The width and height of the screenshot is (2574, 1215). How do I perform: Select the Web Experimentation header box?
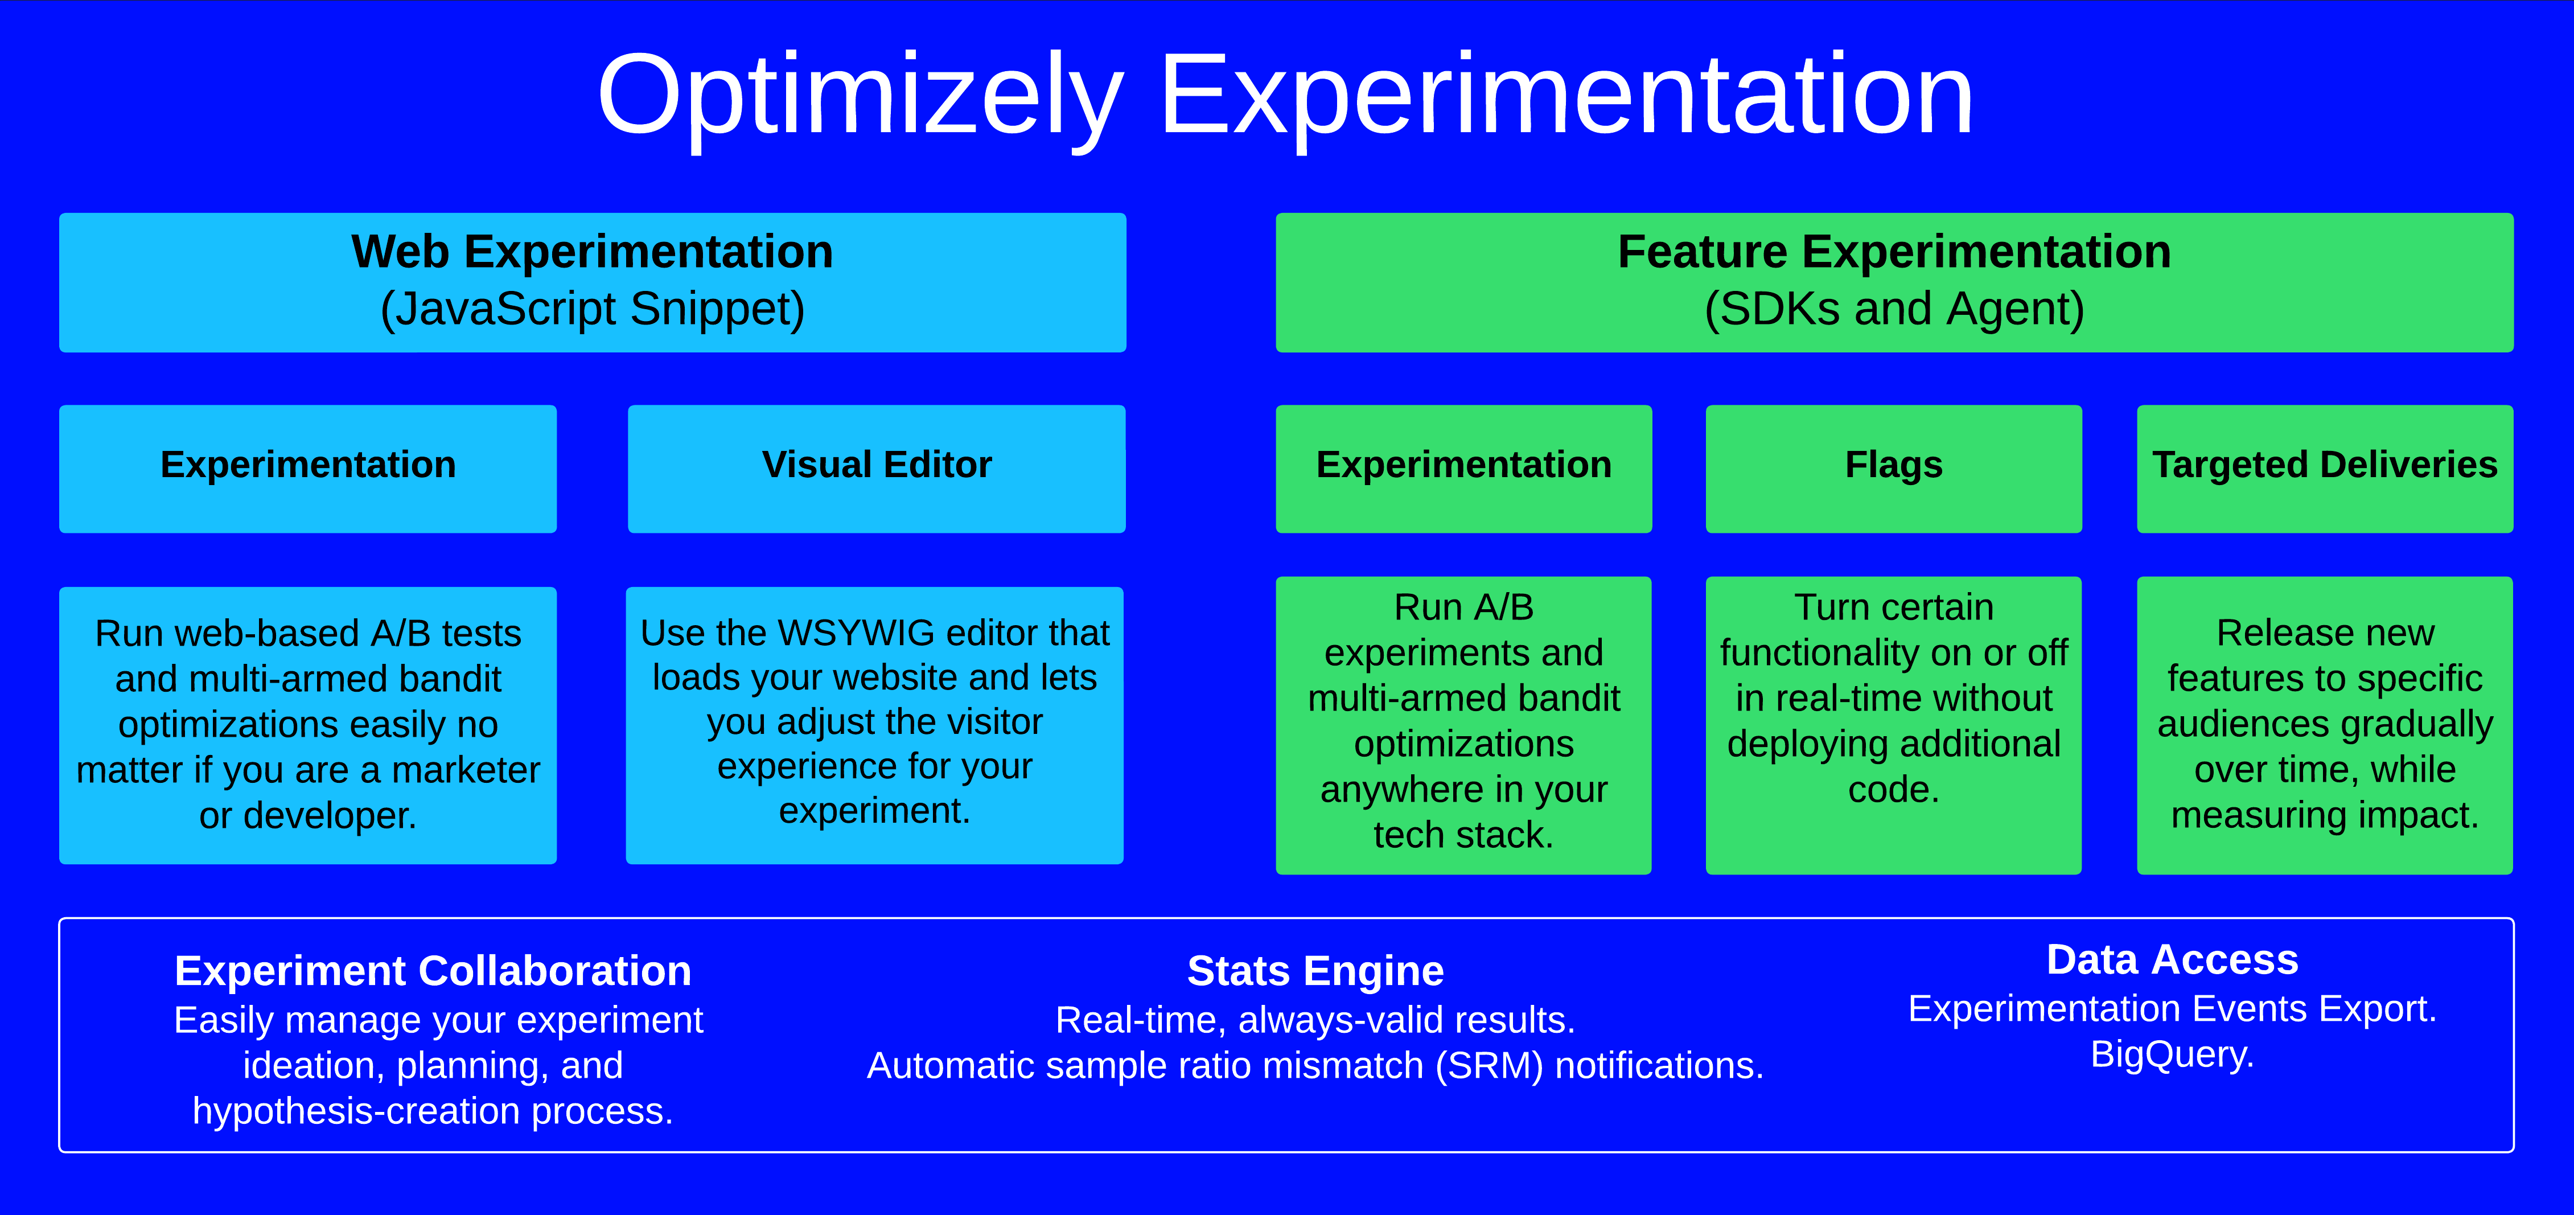593,282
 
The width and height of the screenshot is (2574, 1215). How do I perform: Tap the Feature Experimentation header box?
1894,282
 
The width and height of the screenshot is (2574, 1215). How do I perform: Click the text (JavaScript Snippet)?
593,309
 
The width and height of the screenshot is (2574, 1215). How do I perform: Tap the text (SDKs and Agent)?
1894,309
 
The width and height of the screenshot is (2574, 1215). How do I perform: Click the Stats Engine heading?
1315,971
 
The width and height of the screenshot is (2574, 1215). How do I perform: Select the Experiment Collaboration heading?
433,971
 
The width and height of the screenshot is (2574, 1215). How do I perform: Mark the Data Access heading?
2172,960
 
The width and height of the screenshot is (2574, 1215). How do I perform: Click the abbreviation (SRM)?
1489,1066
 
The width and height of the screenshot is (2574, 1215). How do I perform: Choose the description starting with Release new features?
2324,724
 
